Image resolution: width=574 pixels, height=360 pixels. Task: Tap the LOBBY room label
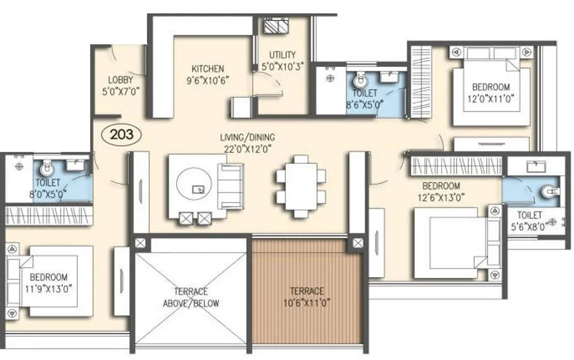[x=120, y=80]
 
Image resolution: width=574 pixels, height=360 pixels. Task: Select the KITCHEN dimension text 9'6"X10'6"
[x=208, y=80]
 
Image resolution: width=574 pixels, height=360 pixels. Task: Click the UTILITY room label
[x=283, y=55]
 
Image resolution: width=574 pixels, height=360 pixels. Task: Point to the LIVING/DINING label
[x=247, y=137]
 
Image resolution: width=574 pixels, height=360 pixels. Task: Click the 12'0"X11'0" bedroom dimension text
[x=491, y=99]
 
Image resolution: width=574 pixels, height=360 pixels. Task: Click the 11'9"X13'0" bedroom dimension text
[x=49, y=288]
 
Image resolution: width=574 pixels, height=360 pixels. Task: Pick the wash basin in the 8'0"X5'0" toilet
[x=77, y=164]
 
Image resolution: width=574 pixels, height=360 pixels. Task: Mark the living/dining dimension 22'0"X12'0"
[x=247, y=148]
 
